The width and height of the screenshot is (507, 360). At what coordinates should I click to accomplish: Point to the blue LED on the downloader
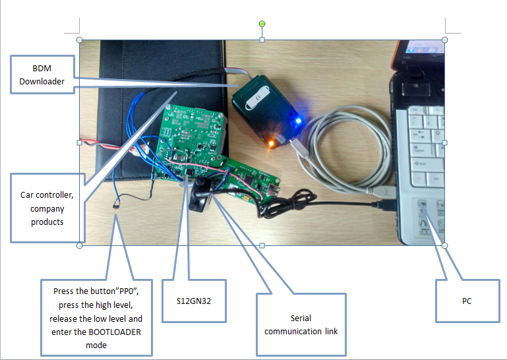click(x=299, y=121)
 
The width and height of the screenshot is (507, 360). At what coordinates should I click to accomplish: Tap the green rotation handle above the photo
click(x=262, y=24)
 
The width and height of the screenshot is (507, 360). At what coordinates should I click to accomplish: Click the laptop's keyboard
click(x=425, y=152)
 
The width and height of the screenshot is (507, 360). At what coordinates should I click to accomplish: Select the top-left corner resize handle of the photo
click(x=80, y=40)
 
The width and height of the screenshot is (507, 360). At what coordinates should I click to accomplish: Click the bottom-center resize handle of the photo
click(x=262, y=246)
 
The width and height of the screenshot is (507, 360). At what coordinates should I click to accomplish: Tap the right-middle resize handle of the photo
click(x=444, y=142)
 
